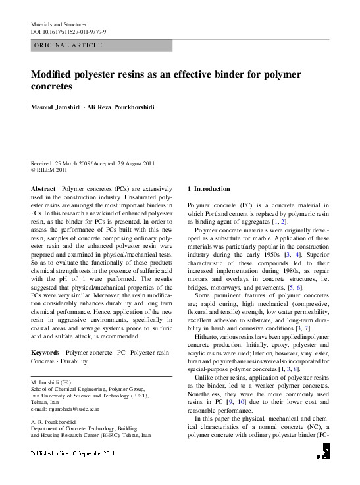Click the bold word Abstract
[x=43, y=188]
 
